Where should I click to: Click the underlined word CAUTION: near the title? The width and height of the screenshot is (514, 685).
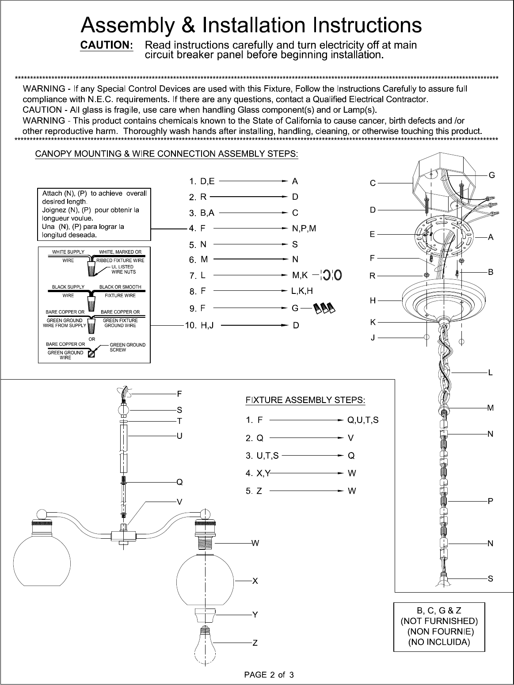pyautogui.click(x=107, y=45)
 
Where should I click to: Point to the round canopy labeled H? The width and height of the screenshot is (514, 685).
pyautogui.click(x=444, y=300)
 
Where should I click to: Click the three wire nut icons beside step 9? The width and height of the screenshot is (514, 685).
pyautogui.click(x=324, y=308)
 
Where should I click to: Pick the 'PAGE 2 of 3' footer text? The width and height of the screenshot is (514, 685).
pyautogui.click(x=269, y=675)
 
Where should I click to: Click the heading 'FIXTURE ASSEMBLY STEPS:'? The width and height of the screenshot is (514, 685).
pyautogui.click(x=305, y=400)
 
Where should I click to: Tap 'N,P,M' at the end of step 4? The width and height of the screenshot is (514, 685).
pyautogui.click(x=304, y=228)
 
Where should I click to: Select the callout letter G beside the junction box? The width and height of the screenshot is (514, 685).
pyautogui.click(x=491, y=175)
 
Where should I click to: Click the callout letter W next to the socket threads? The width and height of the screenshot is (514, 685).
pyautogui.click(x=255, y=543)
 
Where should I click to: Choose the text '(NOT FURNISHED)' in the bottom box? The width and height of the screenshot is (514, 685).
pyautogui.click(x=439, y=621)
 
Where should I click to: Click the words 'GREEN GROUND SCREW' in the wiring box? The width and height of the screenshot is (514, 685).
pyautogui.click(x=127, y=347)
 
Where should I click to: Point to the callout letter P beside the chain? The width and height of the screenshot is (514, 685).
pyautogui.click(x=490, y=501)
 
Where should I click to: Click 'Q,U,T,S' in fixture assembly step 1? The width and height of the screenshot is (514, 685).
pyautogui.click(x=363, y=420)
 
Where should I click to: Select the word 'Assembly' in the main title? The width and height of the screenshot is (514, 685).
pyautogui.click(x=128, y=25)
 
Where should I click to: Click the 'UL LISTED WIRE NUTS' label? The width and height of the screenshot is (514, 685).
pyautogui.click(x=124, y=269)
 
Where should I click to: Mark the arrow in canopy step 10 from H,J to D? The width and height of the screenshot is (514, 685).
pyautogui.click(x=254, y=325)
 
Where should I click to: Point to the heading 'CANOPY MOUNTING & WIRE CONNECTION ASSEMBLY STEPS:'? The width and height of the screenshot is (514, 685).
pyautogui.click(x=167, y=154)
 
